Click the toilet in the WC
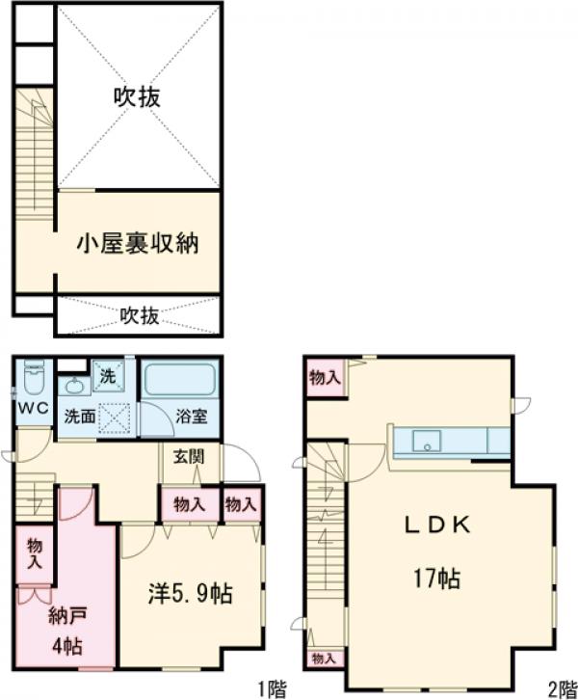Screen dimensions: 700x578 click(35, 380)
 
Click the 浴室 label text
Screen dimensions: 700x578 click(192, 418)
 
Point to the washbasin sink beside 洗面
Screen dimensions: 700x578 click(72, 386)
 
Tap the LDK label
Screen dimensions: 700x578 click(435, 525)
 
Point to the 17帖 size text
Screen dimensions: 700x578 click(434, 579)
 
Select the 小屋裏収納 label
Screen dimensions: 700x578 click(137, 243)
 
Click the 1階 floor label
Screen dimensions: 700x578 click(271, 687)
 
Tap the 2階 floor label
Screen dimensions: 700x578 click(562, 687)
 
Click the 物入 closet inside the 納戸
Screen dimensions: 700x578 click(35, 552)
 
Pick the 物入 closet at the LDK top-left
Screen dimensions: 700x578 click(325, 379)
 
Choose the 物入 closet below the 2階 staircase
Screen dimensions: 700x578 click(324, 659)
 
